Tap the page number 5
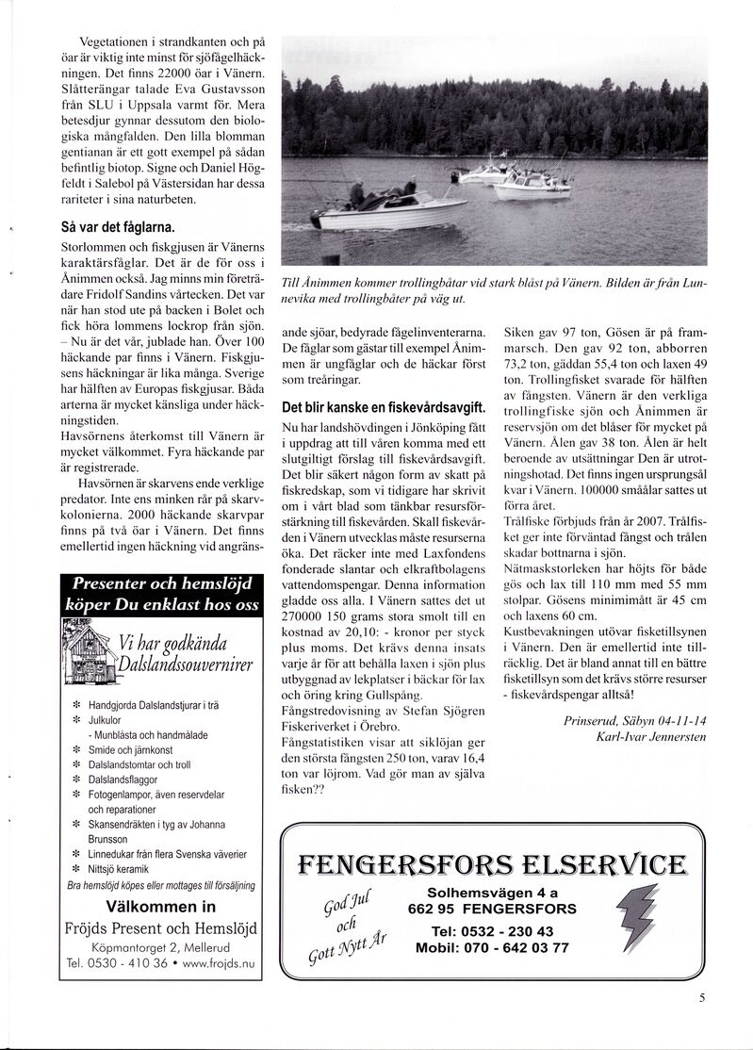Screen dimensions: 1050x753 [703, 1001]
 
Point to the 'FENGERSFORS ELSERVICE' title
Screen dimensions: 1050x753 [492, 864]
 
